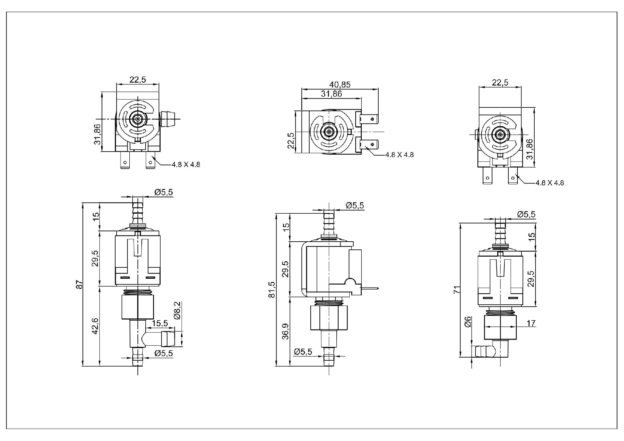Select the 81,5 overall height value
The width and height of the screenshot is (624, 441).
pyautogui.click(x=272, y=289)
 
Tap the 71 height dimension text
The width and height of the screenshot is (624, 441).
pyautogui.click(x=457, y=290)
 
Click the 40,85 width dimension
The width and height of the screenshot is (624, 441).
pyautogui.click(x=340, y=85)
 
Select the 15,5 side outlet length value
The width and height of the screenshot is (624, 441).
pyautogui.click(x=160, y=323)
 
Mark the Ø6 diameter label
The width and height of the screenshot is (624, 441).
pyautogui.click(x=468, y=322)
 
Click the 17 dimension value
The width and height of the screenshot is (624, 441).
pyautogui.click(x=531, y=323)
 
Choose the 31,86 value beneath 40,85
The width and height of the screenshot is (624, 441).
pyautogui.click(x=331, y=94)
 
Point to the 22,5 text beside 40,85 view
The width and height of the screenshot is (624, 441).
pyautogui.click(x=291, y=140)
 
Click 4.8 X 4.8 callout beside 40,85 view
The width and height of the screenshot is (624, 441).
pyautogui.click(x=399, y=155)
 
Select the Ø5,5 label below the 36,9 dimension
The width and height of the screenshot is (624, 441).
pyautogui.click(x=303, y=352)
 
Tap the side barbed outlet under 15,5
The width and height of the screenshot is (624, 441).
pyautogui.click(x=167, y=339)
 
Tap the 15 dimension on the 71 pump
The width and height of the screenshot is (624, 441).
pyautogui.click(x=531, y=237)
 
